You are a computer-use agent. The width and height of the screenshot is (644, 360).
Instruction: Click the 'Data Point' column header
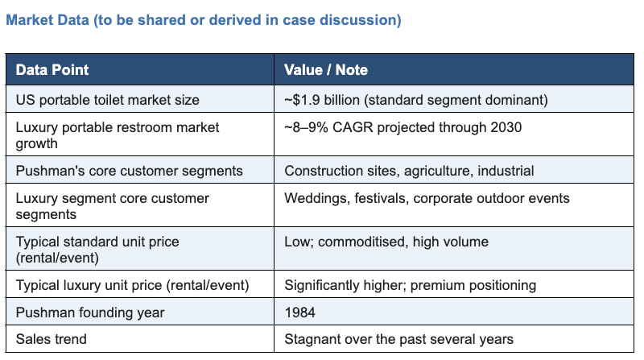tap(52, 70)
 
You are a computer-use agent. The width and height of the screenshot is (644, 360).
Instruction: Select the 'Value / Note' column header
tap(326, 70)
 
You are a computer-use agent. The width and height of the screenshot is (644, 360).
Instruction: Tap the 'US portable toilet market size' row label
tap(108, 100)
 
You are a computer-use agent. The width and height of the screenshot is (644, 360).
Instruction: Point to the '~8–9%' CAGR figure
tap(306, 127)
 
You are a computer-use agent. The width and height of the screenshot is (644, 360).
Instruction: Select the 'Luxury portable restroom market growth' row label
tap(118, 135)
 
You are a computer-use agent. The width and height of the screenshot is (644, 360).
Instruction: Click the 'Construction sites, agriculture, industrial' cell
tap(409, 171)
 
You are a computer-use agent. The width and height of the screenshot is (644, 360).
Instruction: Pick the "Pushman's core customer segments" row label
tap(130, 171)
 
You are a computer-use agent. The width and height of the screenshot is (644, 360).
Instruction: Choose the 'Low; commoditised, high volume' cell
tap(386, 242)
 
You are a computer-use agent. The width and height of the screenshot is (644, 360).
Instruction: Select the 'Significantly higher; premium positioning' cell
tap(411, 285)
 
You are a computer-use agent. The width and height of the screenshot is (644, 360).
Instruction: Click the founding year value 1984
tap(299, 312)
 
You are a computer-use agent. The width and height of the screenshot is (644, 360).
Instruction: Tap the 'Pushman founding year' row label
tap(90, 312)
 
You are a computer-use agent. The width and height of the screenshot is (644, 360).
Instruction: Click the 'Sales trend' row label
tap(52, 339)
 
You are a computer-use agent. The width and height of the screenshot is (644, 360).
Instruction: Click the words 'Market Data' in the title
tap(47, 19)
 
